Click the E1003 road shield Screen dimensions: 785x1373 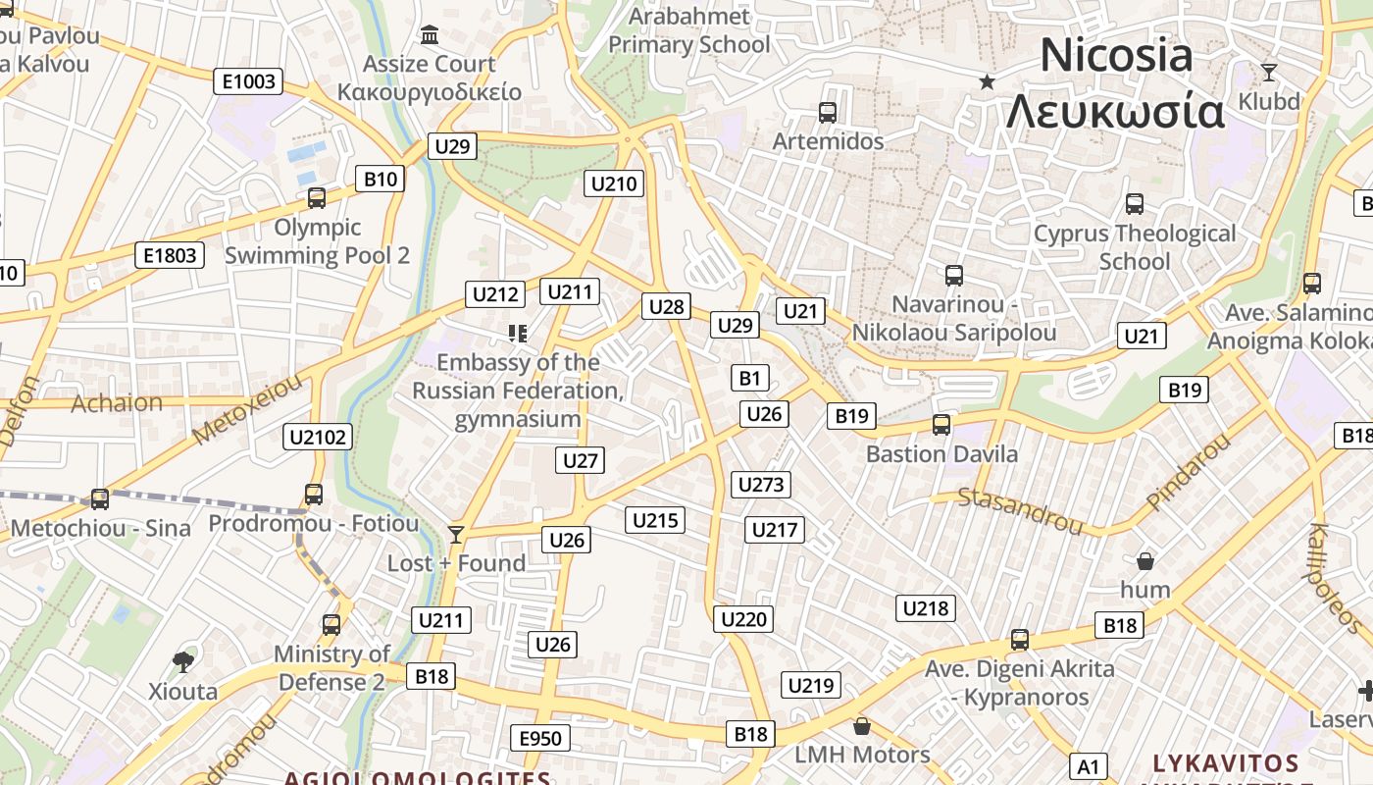248,81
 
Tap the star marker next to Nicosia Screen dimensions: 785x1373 988,81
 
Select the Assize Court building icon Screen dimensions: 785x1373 430,36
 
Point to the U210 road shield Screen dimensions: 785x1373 615,183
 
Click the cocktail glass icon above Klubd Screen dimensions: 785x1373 1268,73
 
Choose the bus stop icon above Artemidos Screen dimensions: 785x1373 828,113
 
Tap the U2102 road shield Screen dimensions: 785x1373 317,437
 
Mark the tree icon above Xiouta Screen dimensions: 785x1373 182,661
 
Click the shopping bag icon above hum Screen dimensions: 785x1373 1144,561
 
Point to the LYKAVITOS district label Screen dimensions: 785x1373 1226,763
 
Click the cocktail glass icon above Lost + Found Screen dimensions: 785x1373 456,534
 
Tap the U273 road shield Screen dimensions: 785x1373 760,484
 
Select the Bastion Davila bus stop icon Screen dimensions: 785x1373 941,425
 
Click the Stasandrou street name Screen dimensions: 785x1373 1020,510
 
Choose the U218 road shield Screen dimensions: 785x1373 925,608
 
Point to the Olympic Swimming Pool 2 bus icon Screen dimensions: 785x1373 317,198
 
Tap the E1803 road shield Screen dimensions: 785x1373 170,256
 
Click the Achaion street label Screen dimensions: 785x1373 118,403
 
